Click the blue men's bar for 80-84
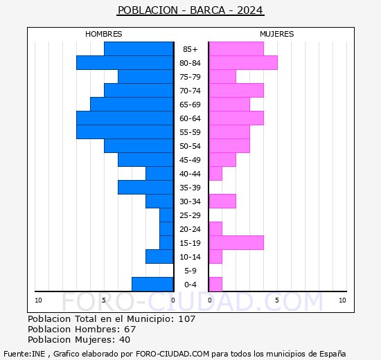(125, 63)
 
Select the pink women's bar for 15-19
(236, 243)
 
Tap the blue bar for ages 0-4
(152, 285)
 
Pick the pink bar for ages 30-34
(222, 201)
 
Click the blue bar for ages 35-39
(145, 188)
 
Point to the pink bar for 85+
(236, 49)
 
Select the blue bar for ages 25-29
(166, 215)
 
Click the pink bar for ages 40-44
(215, 174)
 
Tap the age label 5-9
(190, 271)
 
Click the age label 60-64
(190, 118)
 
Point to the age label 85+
(190, 49)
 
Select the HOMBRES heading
(104, 34)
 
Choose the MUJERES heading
(277, 34)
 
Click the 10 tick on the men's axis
(38, 300)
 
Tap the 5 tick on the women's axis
(277, 300)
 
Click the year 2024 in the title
(250, 10)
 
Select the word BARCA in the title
(208, 10)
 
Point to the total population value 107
(187, 318)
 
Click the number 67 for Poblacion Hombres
(130, 329)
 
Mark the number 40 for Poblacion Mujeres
(125, 340)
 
